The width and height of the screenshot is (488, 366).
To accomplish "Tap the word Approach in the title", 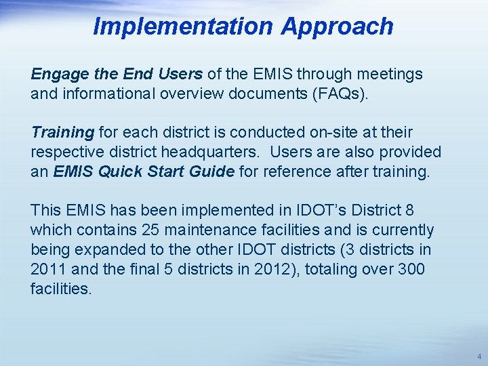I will pos(337,26).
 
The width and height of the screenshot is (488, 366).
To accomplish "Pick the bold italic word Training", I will pos(62,132).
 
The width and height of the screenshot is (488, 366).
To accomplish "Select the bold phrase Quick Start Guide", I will pos(167,171).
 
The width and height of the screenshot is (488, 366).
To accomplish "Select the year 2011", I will pos(45,270).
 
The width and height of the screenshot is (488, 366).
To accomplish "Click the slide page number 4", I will pos(479,356).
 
